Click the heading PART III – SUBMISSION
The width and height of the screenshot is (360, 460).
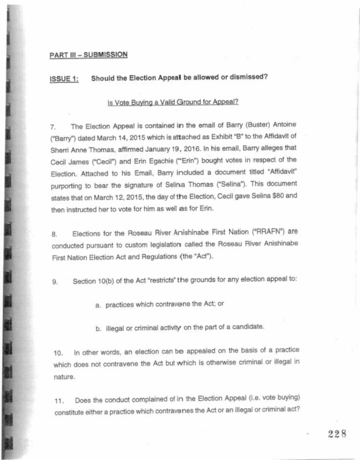pos(88,55)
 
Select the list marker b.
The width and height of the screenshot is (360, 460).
pos(98,327)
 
